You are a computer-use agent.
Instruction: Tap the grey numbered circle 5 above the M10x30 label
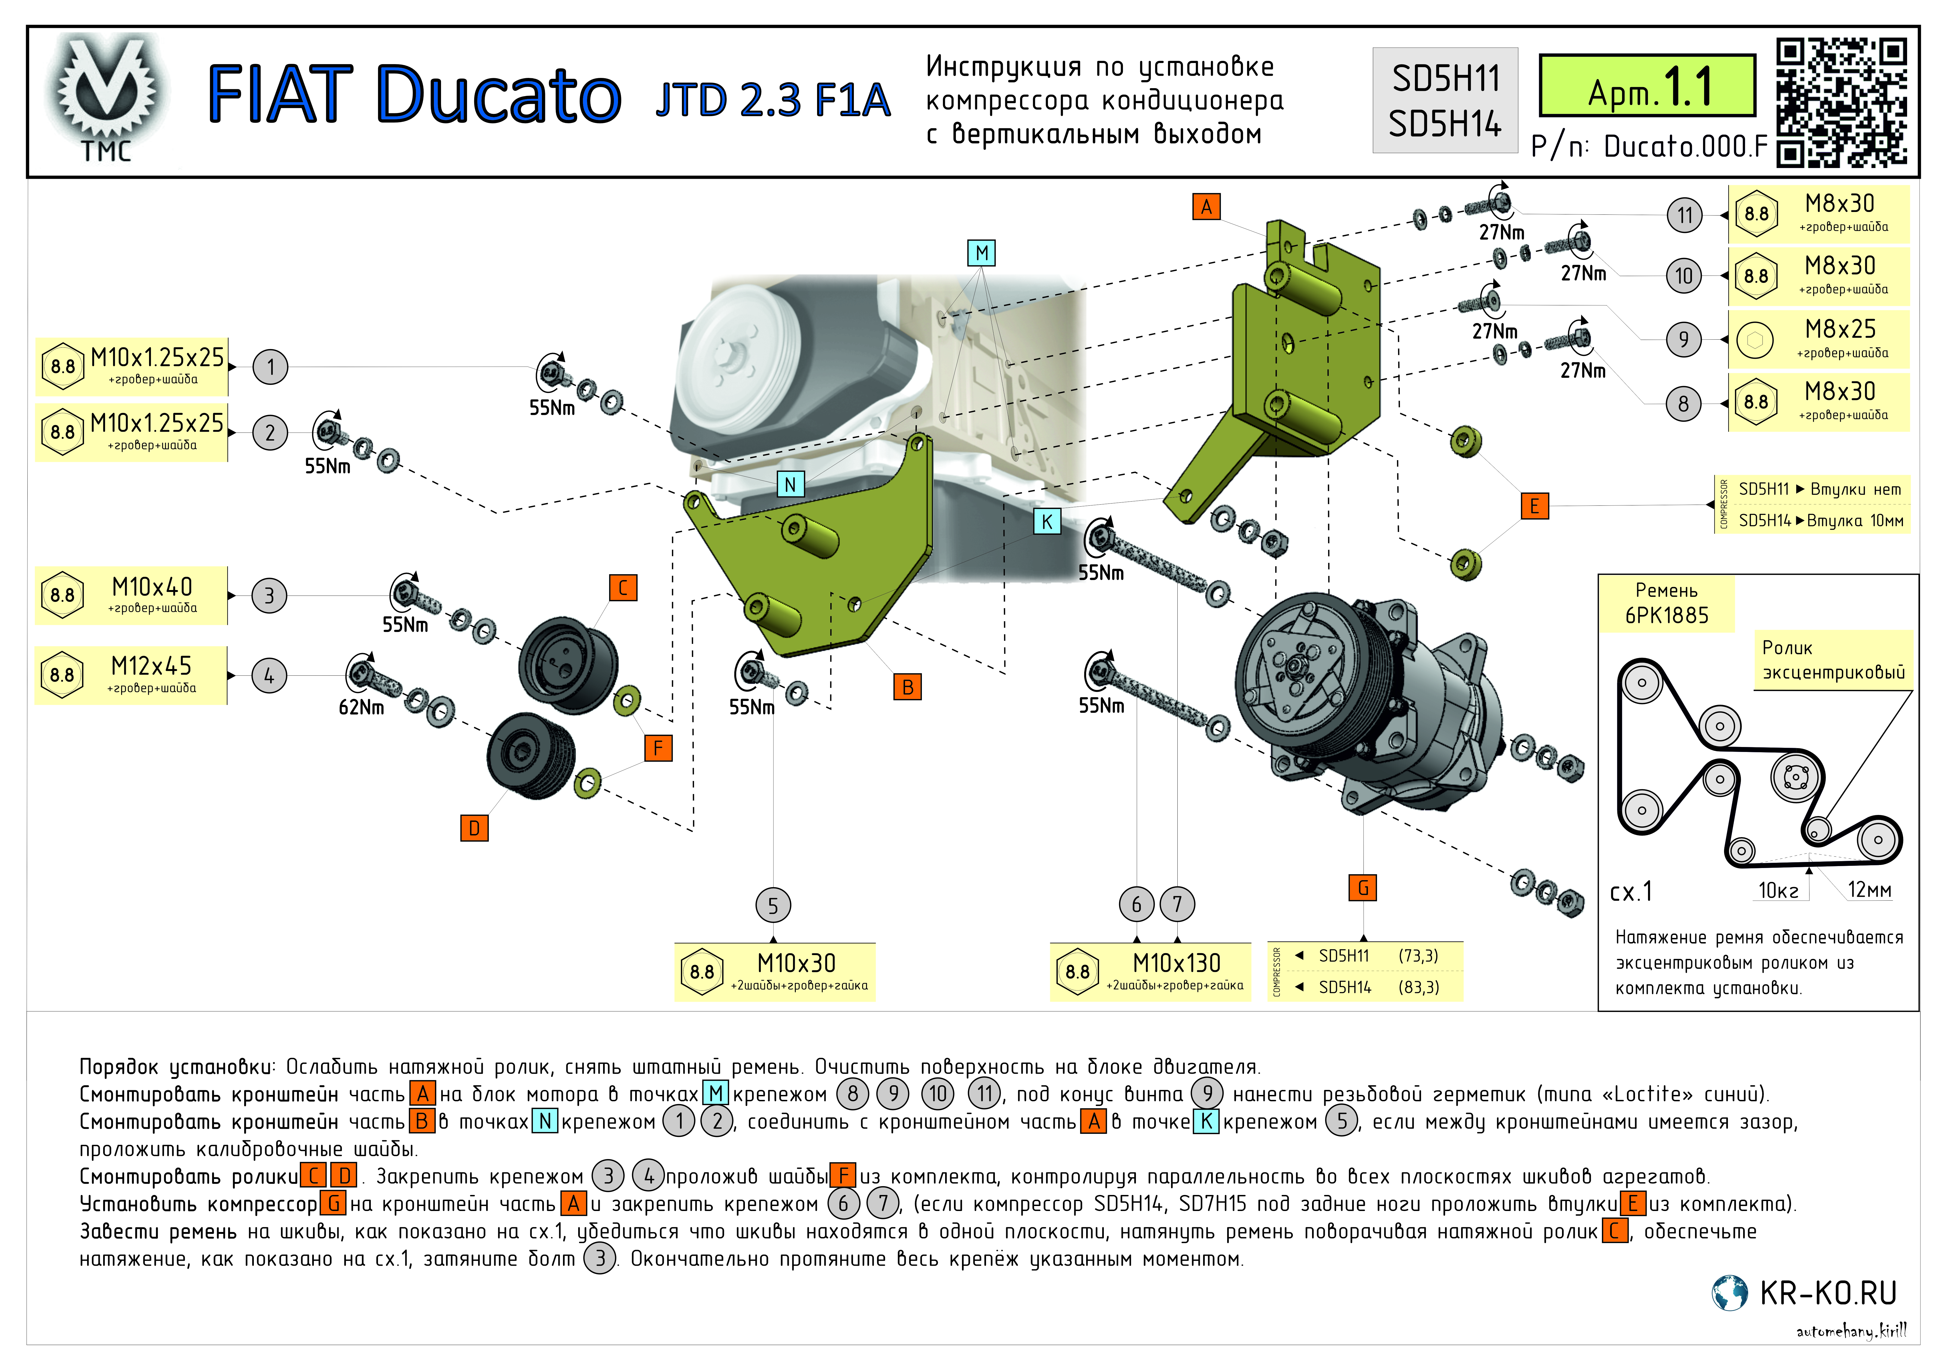pos(773,906)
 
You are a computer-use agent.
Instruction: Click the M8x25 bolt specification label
pos(1818,338)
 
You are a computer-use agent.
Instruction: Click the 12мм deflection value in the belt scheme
pos(1869,890)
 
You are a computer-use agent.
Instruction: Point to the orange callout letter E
pos(1534,506)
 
